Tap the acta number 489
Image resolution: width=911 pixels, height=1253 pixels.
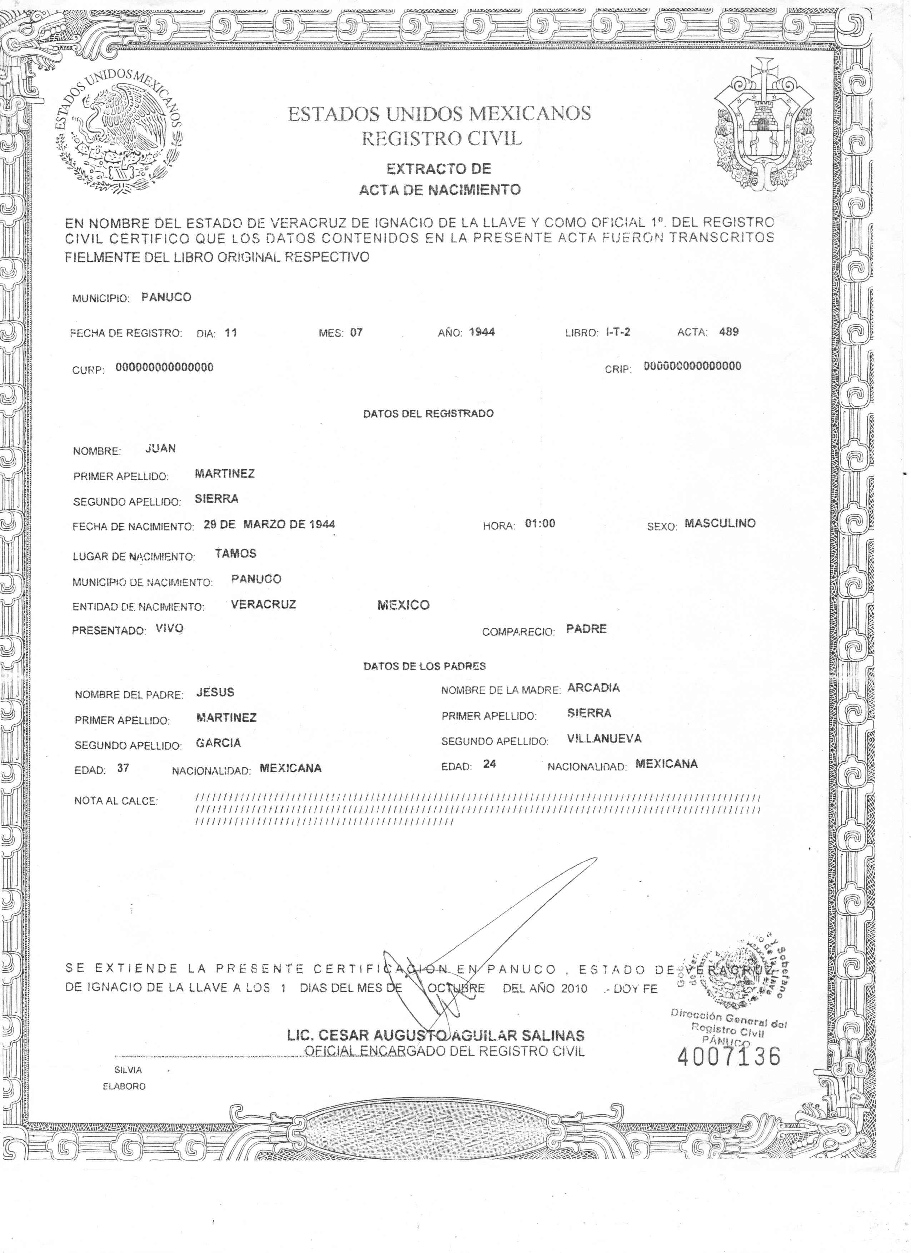(x=728, y=332)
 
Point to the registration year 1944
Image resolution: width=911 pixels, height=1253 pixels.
(x=482, y=332)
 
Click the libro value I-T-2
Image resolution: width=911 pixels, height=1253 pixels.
(x=618, y=332)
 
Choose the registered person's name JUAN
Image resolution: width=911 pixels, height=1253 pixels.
(x=160, y=449)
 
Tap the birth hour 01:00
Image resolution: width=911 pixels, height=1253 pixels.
(x=540, y=523)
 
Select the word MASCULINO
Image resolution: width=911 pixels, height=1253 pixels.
(x=720, y=523)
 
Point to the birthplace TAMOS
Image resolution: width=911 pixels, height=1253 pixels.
(x=235, y=553)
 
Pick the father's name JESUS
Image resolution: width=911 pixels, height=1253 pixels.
(x=215, y=692)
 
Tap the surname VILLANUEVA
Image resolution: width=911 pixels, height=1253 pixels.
(x=604, y=739)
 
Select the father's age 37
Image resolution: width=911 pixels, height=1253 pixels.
(x=123, y=768)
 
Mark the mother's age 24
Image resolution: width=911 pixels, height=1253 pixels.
(x=489, y=764)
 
